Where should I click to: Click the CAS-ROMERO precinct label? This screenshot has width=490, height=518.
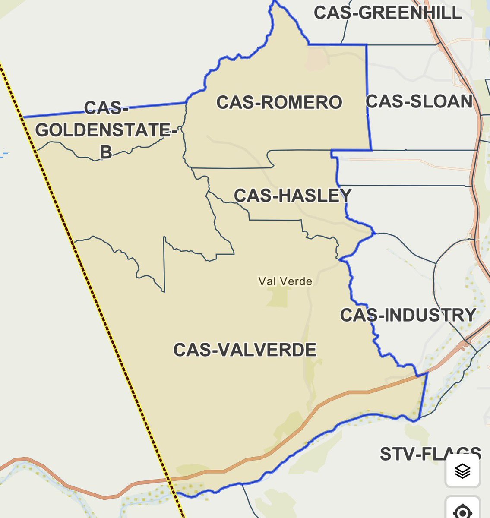279,103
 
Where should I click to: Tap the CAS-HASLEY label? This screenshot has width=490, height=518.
292,196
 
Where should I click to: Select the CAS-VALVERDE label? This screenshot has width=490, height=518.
245,350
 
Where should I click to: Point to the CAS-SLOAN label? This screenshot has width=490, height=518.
419,101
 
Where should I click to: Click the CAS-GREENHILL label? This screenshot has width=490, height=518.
388,13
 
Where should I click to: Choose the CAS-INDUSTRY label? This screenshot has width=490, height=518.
408,315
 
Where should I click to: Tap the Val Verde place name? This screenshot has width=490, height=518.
285,281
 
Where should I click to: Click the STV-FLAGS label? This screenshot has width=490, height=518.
430,454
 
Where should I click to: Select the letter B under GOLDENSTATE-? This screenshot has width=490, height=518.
106,152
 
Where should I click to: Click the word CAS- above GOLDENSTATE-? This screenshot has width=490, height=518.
106,108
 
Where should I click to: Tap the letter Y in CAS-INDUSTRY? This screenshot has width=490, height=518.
470,315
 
